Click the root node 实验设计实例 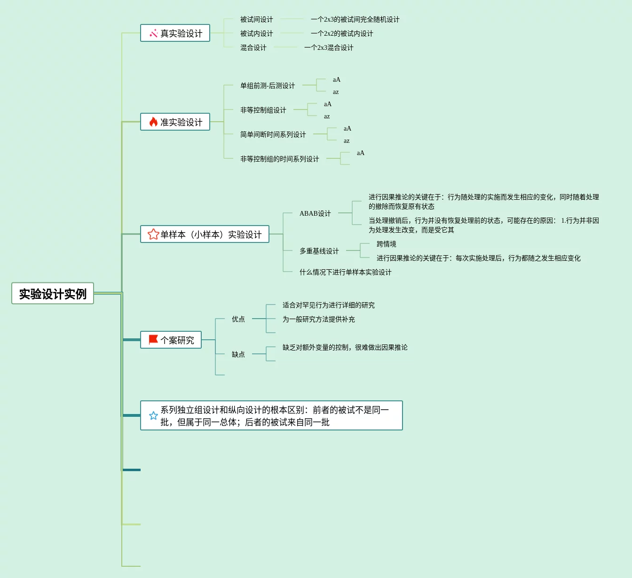[53, 294]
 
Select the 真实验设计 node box [175, 33]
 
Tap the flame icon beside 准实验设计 [153, 122]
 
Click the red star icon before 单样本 [153, 234]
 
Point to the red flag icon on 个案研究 [153, 340]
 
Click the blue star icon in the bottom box [153, 416]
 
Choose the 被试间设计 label [256, 20]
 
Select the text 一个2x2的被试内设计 [342, 34]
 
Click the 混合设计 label [253, 48]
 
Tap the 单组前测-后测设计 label [268, 86]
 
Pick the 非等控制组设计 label [263, 110]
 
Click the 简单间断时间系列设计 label [273, 134]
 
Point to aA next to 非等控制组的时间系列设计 [361, 153]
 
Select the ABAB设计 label [315, 213]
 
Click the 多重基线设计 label [319, 251]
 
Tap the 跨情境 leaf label [386, 244]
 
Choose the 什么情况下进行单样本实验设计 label [345, 273]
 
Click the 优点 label [238, 319]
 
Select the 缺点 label [238, 354]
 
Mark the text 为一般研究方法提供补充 [318, 320]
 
